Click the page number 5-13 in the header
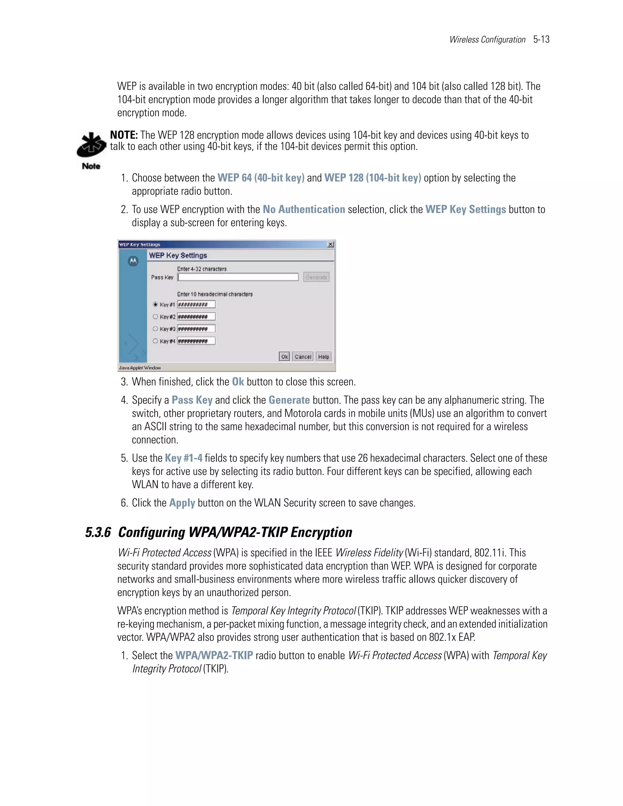(x=541, y=40)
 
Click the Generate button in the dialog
(x=316, y=277)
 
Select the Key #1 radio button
(x=155, y=304)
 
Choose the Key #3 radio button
(x=155, y=329)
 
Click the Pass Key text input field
(x=238, y=277)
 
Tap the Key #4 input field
(x=196, y=341)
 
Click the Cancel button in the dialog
(x=303, y=356)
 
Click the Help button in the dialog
(x=323, y=356)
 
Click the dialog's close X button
(x=330, y=244)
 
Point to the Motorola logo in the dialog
(x=133, y=261)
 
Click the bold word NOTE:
(x=124, y=135)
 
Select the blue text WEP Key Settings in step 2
(x=465, y=210)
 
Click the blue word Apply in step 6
(x=182, y=503)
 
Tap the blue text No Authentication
(x=304, y=210)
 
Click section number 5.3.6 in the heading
(x=98, y=533)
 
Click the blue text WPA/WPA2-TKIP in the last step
(x=214, y=656)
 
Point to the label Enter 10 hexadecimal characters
(x=215, y=294)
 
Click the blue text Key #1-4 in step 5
(x=183, y=458)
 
